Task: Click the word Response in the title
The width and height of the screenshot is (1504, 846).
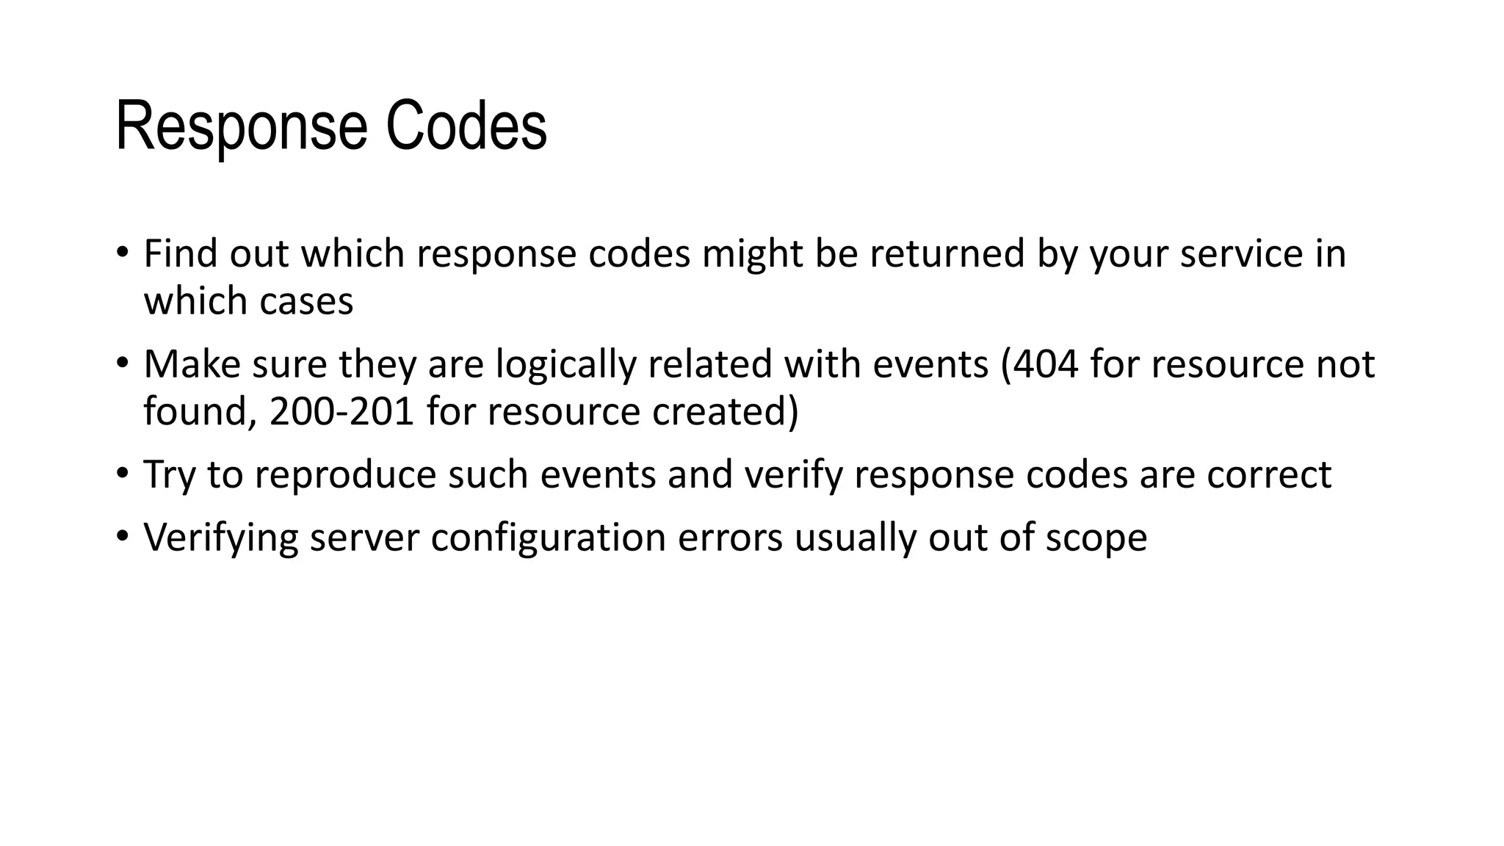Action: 241,126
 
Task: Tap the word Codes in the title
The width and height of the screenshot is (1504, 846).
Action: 466,126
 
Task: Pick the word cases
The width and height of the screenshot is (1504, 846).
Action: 311,301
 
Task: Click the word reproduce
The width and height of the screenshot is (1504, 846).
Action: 345,474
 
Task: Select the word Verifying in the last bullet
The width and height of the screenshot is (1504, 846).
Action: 221,538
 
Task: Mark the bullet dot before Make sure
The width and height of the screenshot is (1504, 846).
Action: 122,363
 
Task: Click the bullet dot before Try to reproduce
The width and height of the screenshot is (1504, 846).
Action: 122,473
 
